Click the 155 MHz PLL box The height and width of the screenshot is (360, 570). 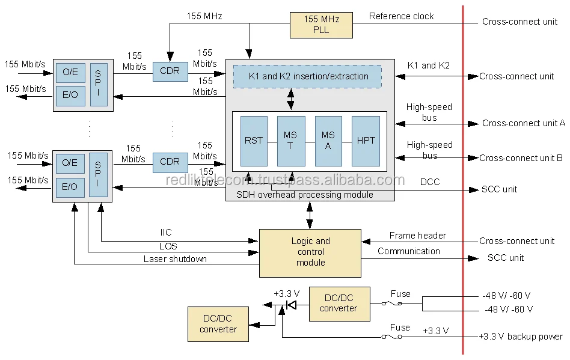click(x=321, y=24)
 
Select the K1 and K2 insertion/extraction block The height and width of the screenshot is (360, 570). click(x=308, y=76)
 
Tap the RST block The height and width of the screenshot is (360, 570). click(x=254, y=141)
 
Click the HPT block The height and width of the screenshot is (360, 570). click(x=366, y=141)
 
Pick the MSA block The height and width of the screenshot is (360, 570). click(x=328, y=141)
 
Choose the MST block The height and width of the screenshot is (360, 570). click(x=290, y=141)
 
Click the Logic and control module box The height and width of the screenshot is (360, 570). click(x=310, y=252)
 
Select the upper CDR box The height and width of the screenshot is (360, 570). click(x=170, y=71)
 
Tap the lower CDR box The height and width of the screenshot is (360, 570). click(x=170, y=162)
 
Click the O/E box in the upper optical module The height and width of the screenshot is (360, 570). click(x=70, y=72)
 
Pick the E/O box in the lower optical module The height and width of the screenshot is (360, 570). click(x=70, y=187)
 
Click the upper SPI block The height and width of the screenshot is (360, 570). click(x=99, y=84)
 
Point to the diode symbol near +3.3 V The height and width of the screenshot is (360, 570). click(x=291, y=305)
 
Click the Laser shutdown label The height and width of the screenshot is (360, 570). click(x=175, y=259)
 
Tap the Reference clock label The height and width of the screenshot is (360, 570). click(x=401, y=16)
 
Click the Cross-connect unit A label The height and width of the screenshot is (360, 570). click(x=523, y=123)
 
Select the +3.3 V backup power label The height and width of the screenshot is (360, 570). click(x=521, y=337)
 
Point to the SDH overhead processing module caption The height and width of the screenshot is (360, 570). click(x=304, y=195)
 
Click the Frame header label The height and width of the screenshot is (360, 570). click(x=417, y=236)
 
